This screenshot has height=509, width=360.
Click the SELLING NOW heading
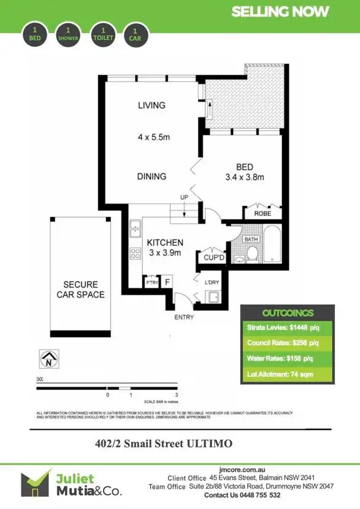point(280,12)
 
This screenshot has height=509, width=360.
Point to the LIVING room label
point(151,105)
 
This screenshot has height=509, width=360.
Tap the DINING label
point(151,176)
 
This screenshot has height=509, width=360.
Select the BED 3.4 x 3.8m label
point(245,172)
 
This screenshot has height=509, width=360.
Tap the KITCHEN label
point(165,243)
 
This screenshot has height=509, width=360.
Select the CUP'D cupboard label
point(215,258)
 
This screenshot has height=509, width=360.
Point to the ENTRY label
point(184,317)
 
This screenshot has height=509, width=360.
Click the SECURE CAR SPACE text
point(80,289)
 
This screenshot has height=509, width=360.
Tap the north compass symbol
point(47,359)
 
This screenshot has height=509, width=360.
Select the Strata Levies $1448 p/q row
point(287,327)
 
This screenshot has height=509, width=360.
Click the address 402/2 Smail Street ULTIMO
point(163,442)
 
